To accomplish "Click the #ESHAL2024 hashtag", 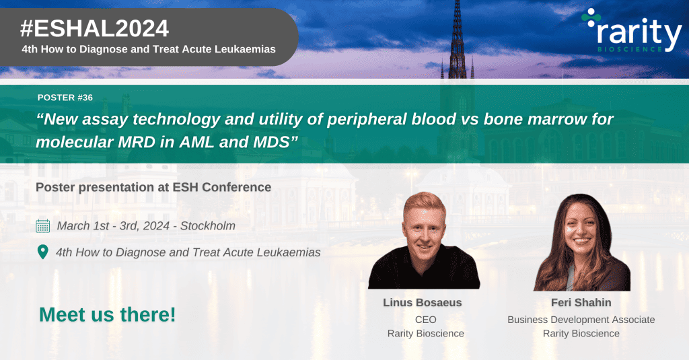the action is tap(94, 28).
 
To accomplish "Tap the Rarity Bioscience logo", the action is tap(631, 31).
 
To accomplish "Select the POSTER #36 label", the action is tap(65, 98).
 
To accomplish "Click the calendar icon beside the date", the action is tap(42, 226).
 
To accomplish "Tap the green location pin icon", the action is tap(42, 252).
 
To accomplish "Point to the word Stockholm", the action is tap(208, 226).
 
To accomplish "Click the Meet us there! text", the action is tap(107, 315).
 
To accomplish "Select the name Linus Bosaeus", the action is tap(423, 302).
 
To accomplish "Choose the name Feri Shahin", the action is tap(581, 302).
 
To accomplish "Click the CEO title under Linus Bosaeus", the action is tap(425, 320).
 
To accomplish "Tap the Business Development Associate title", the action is tap(581, 320).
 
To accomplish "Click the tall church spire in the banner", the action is tap(458, 40).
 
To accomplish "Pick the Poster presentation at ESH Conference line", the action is tap(153, 187).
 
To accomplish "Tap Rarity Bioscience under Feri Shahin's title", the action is tap(581, 334).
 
